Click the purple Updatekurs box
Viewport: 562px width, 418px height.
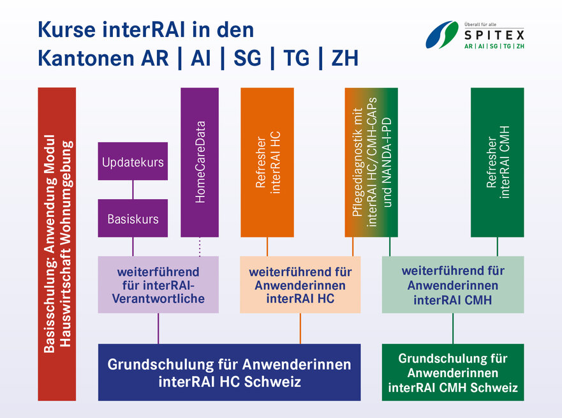[x=133, y=161]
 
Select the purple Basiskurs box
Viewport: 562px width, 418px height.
[x=133, y=218]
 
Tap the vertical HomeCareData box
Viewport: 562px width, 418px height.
[x=200, y=162]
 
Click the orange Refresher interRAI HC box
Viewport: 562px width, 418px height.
[x=267, y=162]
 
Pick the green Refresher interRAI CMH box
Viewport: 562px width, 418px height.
[x=497, y=162]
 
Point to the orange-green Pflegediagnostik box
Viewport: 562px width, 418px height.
[x=371, y=162]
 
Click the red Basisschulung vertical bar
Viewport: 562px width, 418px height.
[x=57, y=244]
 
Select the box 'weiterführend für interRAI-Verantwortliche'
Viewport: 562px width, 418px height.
[x=158, y=285]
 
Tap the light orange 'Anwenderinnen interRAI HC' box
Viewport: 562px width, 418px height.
[x=300, y=285]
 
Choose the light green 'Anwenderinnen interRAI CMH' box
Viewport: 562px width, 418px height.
[x=453, y=285]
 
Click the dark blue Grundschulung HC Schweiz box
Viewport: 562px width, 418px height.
[x=230, y=373]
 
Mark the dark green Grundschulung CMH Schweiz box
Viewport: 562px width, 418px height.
[x=453, y=373]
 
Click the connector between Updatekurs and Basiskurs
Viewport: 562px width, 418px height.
[x=133, y=190]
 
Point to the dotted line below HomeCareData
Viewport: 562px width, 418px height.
[x=200, y=246]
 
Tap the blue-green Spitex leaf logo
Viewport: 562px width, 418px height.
[x=442, y=34]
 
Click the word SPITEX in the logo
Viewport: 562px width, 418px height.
[x=494, y=35]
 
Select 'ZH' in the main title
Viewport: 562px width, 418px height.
[x=345, y=58]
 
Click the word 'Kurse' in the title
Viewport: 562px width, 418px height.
[x=67, y=29]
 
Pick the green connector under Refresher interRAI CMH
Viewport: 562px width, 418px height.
[x=497, y=246]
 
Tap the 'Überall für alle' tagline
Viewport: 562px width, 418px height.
[x=480, y=24]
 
